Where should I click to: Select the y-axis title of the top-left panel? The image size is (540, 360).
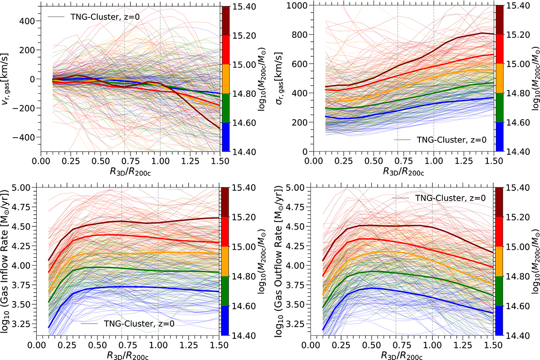(8, 78)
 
